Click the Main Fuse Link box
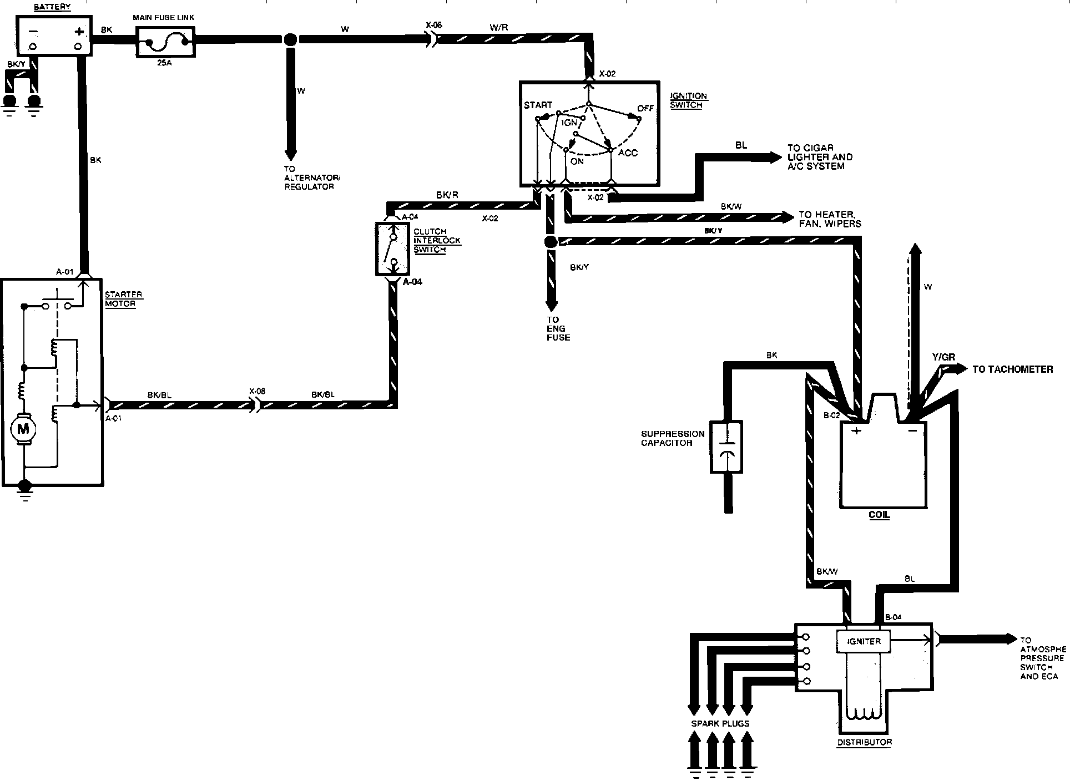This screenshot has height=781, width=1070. [165, 40]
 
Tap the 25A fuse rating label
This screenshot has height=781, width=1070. [165, 63]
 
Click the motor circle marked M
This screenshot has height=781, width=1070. [23, 428]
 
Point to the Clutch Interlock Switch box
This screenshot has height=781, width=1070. [392, 249]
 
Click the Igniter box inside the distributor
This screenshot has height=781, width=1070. [863, 641]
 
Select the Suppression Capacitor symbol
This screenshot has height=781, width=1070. [726, 447]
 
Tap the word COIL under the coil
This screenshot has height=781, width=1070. [879, 515]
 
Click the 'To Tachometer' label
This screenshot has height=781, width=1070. [1012, 369]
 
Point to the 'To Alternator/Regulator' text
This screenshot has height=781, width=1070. [312, 177]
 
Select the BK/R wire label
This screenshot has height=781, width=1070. [447, 195]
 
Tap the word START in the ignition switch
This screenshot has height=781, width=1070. [538, 105]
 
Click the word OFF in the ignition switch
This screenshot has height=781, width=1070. [645, 108]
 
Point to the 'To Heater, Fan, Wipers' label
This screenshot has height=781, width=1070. [830, 219]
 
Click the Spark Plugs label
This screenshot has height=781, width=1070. [720, 723]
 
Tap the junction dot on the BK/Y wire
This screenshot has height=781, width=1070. [551, 242]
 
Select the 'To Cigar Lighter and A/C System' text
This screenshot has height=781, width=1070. [820, 157]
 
